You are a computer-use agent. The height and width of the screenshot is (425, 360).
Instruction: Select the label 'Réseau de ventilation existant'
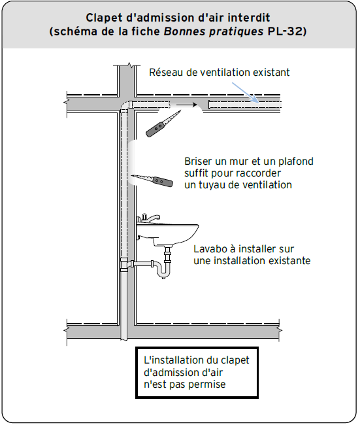[219, 73]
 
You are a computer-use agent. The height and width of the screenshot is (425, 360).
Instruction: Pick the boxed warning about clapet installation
[196, 372]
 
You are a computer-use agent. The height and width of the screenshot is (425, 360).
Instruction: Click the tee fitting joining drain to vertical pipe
[126, 264]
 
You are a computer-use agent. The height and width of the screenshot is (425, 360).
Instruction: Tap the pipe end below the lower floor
[126, 336]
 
